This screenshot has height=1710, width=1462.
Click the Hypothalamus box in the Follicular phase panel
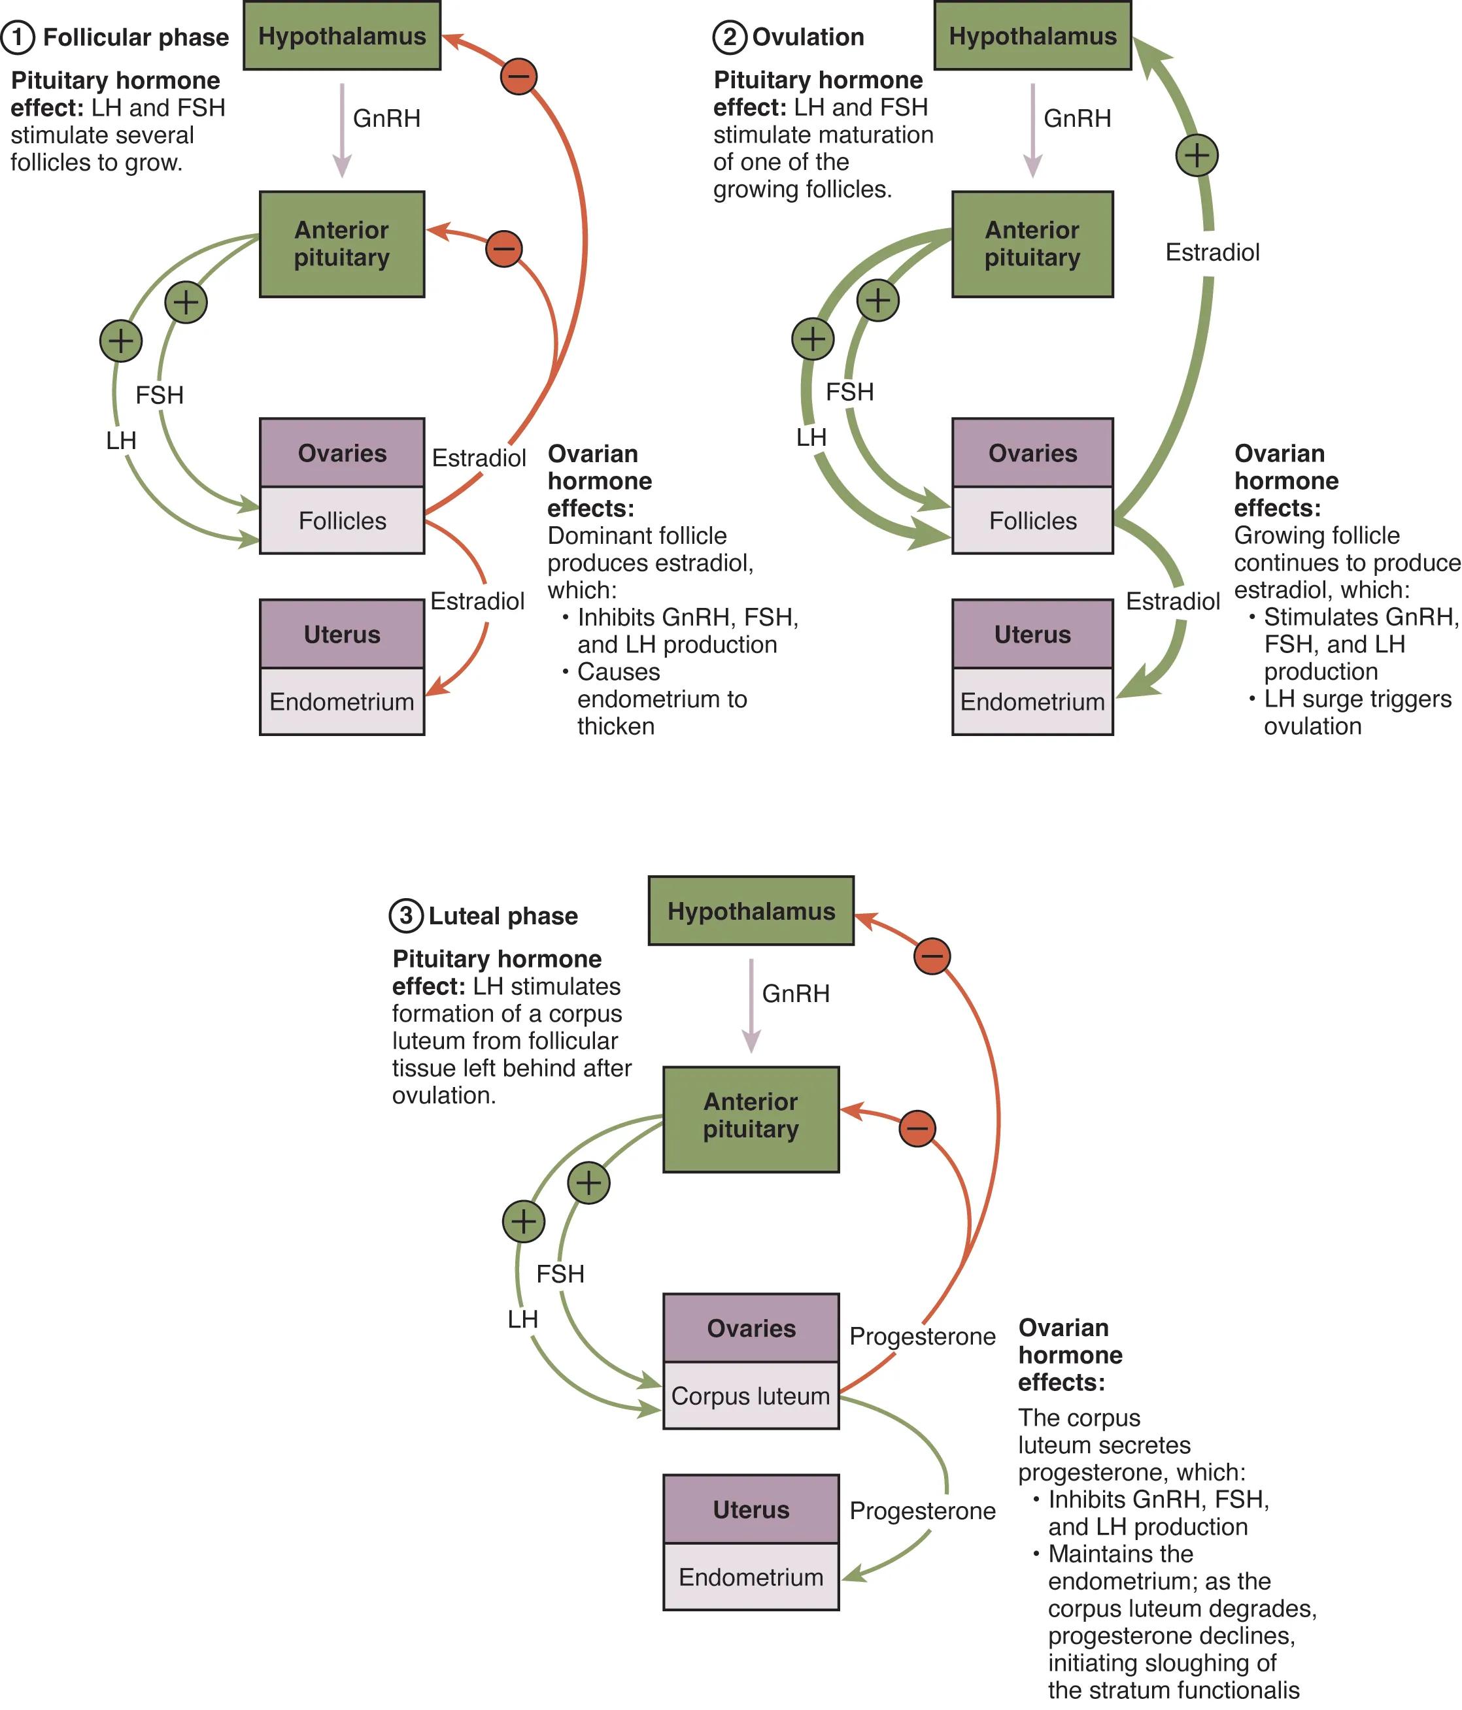[342, 37]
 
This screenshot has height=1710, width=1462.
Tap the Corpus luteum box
[751, 1396]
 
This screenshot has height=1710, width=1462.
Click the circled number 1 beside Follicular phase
[18, 37]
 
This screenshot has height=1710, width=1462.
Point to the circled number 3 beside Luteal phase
[405, 915]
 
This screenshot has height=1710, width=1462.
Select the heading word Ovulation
[808, 37]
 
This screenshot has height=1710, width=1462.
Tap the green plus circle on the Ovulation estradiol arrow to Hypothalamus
[1196, 155]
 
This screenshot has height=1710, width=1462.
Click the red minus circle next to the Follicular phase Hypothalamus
[518, 76]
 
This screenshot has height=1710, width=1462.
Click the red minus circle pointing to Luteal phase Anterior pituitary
[917, 1128]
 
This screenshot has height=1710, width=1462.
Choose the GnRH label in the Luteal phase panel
[795, 993]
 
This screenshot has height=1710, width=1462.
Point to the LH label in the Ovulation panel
[811, 437]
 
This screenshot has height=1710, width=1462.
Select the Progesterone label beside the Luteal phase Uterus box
[922, 1510]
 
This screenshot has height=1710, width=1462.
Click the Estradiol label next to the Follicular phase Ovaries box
[479, 458]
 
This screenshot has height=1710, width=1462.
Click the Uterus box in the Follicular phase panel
[342, 634]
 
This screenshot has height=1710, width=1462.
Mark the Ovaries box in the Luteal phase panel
[751, 1328]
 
